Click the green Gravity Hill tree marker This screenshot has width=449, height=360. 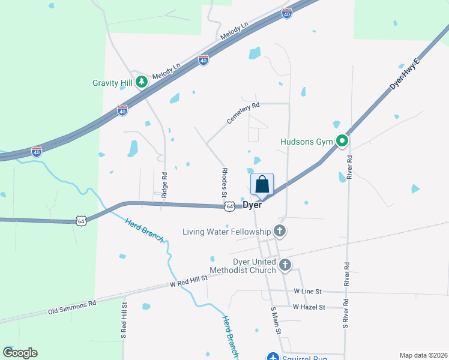point(142,82)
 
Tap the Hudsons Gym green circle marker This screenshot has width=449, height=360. point(342,142)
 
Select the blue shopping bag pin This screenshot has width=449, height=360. point(262,184)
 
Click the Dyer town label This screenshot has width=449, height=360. point(252,205)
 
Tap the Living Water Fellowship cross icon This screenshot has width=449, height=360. point(279,231)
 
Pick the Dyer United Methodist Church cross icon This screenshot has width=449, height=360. point(285,264)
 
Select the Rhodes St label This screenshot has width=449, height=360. point(224,182)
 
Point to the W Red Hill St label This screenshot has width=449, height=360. point(188,280)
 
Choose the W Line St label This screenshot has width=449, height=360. point(308,291)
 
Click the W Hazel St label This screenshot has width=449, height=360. point(309,307)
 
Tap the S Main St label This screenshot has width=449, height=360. point(276,321)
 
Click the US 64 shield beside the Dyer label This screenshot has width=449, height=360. point(230,206)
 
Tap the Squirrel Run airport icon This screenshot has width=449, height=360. point(273,356)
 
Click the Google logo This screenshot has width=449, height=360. point(20,353)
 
